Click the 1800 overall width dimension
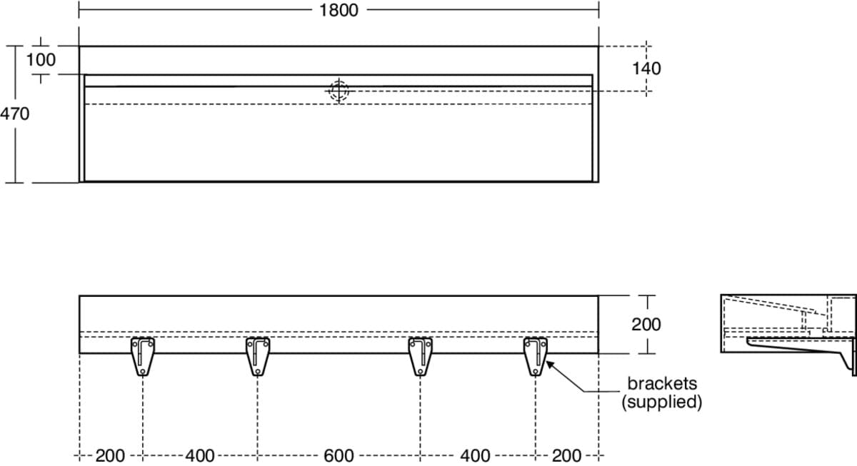pos(339,10)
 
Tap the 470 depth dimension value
pos(14,114)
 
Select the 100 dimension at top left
pos(41,60)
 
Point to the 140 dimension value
pos(646,69)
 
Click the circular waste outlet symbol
pos(339,91)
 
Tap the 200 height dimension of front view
pos(646,325)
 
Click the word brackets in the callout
pos(662,383)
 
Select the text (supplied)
pos(661,402)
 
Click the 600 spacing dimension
pos(339,456)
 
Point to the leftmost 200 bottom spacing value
pos(110,456)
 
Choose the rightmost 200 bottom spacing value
pos(567,456)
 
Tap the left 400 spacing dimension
pos(200,456)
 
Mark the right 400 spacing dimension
pos(475,456)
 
